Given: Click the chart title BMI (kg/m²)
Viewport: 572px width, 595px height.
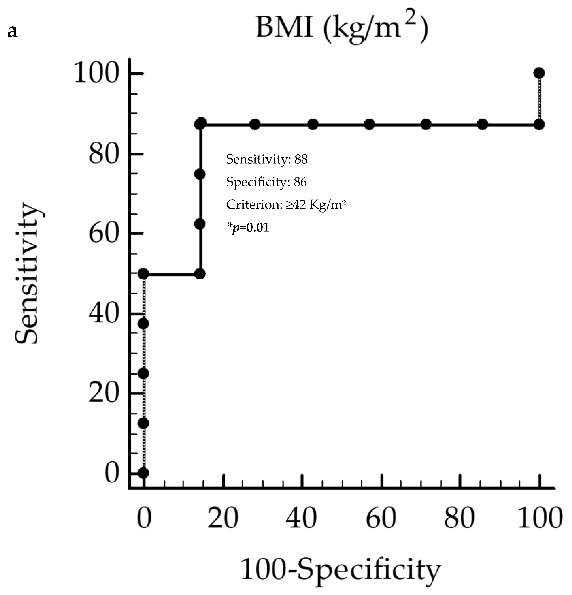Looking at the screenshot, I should click(342, 29).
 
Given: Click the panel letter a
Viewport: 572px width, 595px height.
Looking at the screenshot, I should click(12, 32).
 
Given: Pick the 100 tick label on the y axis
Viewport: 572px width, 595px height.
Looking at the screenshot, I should click(96, 74).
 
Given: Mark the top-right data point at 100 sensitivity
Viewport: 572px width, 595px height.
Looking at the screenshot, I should click(539, 73).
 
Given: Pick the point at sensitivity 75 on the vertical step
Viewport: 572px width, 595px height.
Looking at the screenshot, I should click(200, 174).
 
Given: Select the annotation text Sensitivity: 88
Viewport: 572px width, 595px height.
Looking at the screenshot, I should click(267, 159).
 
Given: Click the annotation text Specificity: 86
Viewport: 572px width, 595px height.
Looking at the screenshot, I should click(266, 182).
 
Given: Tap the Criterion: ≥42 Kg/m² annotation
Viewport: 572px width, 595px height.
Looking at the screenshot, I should click(286, 205).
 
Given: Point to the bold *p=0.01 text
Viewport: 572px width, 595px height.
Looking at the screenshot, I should click(248, 227).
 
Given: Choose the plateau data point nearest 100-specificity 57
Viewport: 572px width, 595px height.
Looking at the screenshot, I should click(369, 124).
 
